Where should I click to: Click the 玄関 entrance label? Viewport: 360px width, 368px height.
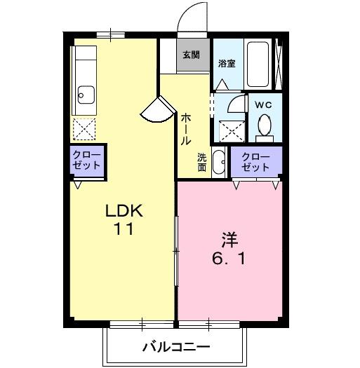click(x=190, y=54)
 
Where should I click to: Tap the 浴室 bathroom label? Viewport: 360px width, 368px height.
click(x=227, y=63)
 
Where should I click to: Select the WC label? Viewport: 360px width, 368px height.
click(x=264, y=105)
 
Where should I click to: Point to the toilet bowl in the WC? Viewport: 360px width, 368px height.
click(x=265, y=126)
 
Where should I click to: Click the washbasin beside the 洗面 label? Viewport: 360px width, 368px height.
click(x=218, y=163)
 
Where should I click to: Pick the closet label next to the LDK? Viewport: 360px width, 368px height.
click(x=86, y=161)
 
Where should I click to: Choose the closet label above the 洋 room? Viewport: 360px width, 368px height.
click(x=256, y=162)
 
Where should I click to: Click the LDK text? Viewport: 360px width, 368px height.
click(x=124, y=210)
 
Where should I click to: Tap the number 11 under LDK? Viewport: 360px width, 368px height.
click(x=125, y=229)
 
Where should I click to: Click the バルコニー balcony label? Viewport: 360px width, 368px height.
click(x=176, y=347)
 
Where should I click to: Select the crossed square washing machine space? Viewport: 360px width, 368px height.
click(x=228, y=130)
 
